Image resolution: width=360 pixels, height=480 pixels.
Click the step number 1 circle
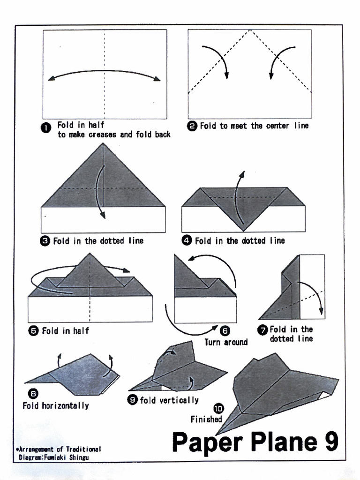tap(46, 128)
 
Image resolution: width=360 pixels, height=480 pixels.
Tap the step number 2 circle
tap(192, 126)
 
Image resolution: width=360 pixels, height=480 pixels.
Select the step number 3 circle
tap(45, 241)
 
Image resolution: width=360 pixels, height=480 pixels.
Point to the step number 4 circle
tap(187, 241)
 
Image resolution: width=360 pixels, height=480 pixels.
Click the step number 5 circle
tap(34, 331)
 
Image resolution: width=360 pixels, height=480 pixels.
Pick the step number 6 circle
tap(225, 331)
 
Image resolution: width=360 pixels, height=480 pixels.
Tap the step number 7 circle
tap(263, 330)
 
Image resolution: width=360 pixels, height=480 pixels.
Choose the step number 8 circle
tap(34, 394)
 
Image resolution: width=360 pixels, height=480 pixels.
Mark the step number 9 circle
tap(133, 400)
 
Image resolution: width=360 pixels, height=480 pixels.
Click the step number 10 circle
tap(218, 409)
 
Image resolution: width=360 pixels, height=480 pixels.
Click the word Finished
tap(206, 419)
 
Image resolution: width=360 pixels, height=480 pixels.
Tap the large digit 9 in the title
tap(330, 442)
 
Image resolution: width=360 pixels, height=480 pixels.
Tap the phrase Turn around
tap(226, 342)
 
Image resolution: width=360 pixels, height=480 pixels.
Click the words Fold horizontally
tap(55, 405)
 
